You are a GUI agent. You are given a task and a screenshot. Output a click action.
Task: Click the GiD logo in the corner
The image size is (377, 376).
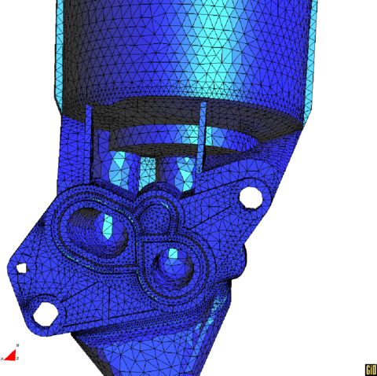click(369, 369)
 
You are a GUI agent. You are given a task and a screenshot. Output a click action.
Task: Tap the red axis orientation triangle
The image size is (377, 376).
click(10, 356)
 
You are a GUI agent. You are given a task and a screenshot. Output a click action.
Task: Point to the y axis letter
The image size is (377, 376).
click(17, 345)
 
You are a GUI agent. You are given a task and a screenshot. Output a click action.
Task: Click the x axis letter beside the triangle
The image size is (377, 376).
click(2, 359)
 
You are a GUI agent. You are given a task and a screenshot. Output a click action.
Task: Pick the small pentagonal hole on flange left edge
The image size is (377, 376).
click(22, 267)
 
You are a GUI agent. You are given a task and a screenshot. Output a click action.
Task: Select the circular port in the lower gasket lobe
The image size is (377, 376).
click(174, 263)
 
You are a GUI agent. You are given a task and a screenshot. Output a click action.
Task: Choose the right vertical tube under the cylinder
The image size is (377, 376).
click(180, 172)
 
